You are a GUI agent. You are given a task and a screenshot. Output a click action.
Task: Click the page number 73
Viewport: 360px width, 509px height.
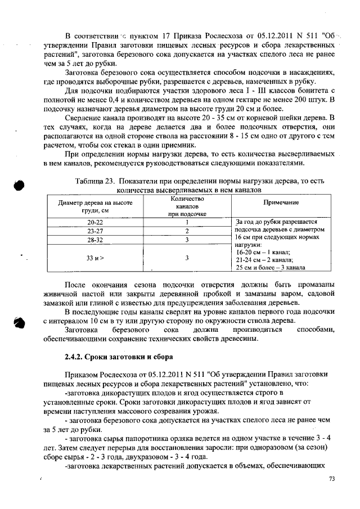coord(331,479)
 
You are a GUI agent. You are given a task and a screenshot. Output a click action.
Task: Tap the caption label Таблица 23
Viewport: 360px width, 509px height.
coord(94,181)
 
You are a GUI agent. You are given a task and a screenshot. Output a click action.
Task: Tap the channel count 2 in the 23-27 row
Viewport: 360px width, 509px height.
coord(186,231)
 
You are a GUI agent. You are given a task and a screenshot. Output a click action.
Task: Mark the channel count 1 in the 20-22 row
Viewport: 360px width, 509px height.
coord(186,222)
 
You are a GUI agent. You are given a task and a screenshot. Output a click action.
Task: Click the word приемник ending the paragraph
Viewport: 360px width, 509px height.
coord(177,143)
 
